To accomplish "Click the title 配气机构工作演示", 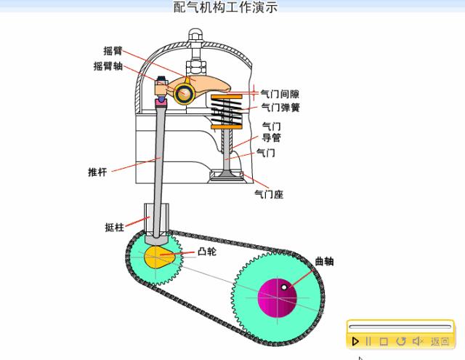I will tap(225, 7).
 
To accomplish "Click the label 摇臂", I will tap(113, 51).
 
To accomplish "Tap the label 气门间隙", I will tap(280, 94).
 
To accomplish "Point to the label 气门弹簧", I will tap(280, 108).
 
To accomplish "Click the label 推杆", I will tap(97, 172).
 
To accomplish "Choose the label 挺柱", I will tap(114, 227).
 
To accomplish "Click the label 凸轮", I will tap(206, 252).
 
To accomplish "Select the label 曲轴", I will tap(324, 262).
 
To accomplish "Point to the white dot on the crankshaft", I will tap(284, 287).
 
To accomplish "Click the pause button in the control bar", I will tap(368, 341).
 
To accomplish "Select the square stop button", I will tap(384, 341).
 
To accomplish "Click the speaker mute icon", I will tap(418, 341).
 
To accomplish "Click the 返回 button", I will tap(440, 341).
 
